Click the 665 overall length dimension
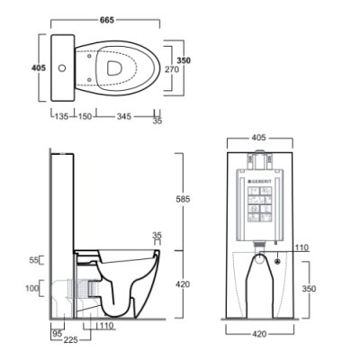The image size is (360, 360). coord(107,20)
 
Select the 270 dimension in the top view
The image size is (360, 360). coord(172,69)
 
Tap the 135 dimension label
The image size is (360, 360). coord(62,116)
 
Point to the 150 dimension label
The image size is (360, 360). coord(85,116)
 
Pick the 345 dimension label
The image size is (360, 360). coord(123,116)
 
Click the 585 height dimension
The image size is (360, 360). coord(183,199)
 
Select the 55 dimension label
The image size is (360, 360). coord(34,260)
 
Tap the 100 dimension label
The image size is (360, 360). coord(32,288)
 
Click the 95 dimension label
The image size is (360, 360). coord(58,333)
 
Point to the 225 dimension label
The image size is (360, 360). coord(70,340)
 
